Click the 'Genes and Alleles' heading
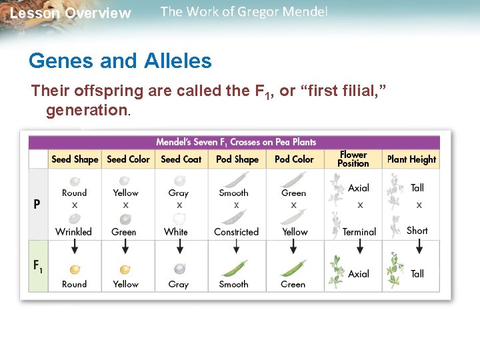tap(120, 61)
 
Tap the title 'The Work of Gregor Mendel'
tap(244, 12)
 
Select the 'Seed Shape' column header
tap(75, 159)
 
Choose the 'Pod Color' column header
tap(294, 159)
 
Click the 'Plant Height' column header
tap(412, 159)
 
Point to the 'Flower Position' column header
tap(353, 159)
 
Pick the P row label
tap(38, 204)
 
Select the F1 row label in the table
tap(39, 265)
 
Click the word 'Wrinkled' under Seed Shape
tap(74, 232)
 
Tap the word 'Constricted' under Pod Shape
tap(236, 232)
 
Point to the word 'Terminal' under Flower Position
tap(359, 232)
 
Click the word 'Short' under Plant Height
tap(417, 231)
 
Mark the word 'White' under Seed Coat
tap(176, 232)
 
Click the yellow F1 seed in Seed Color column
tap(125, 269)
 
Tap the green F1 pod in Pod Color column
tap(293, 269)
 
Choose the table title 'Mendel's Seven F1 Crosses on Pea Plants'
tap(236, 142)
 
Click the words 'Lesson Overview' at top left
tap(71, 13)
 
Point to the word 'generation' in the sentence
tap(87, 110)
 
